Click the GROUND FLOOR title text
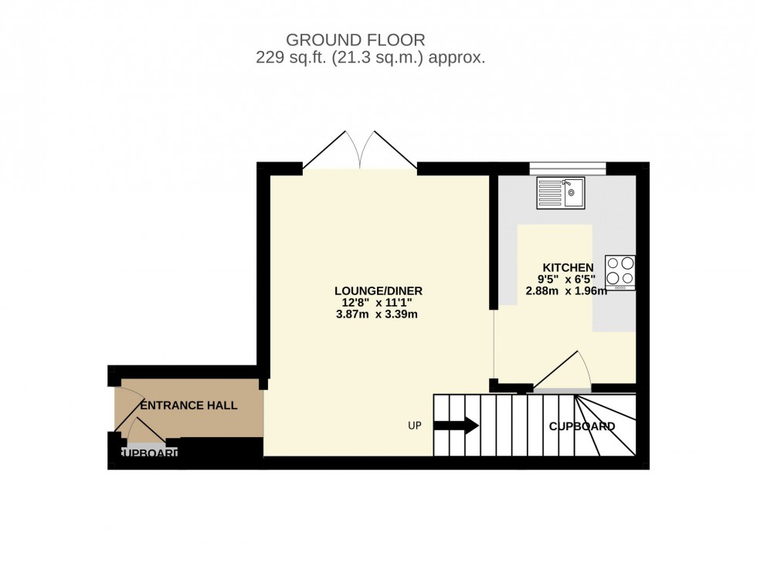pos(355,39)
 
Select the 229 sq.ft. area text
pos(291,58)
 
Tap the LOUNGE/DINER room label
pos(378,290)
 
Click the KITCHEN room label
pos(568,267)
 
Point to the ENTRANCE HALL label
pos(188,405)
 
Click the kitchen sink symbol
pos(562,192)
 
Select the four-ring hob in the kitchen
pos(620,272)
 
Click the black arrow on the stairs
pos(457,426)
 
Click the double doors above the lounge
pos(360,151)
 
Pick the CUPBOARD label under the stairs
pos(582,426)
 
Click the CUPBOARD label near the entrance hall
pos(148,453)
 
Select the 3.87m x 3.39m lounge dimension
pos(378,314)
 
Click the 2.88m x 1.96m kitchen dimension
pos(566,291)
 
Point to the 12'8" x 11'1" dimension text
pos(378,303)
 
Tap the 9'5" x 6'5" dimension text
pos(566,280)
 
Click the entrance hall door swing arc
pos(136,429)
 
